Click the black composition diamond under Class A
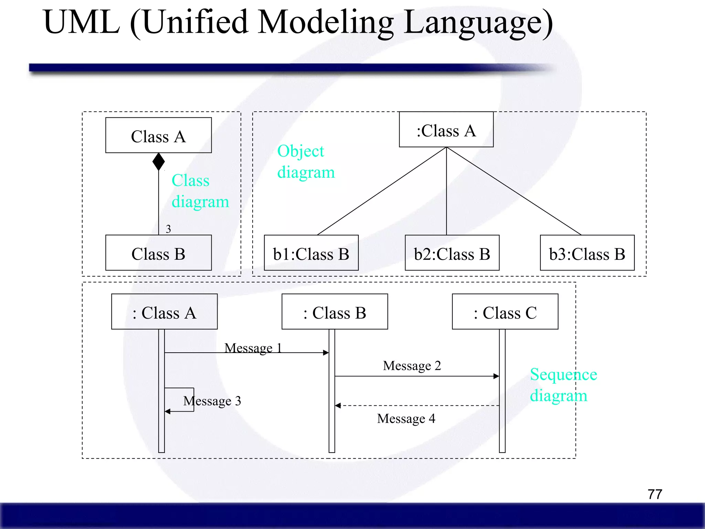tap(158, 162)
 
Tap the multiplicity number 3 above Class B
tap(168, 229)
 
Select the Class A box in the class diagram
tap(158, 135)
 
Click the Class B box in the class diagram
tap(158, 253)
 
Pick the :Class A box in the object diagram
tap(446, 130)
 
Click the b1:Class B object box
tap(311, 253)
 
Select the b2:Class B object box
tap(452, 253)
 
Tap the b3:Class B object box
tap(587, 253)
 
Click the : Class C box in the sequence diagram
tap(505, 312)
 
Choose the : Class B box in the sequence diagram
tap(335, 312)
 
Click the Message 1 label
tap(253, 348)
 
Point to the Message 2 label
tap(412, 366)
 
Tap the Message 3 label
tap(212, 401)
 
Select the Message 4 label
tap(406, 419)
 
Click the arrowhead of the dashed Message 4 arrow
tap(338, 406)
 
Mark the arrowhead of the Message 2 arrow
tap(496, 376)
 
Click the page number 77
tap(655, 494)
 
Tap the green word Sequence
tap(563, 374)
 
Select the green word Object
tap(301, 151)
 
